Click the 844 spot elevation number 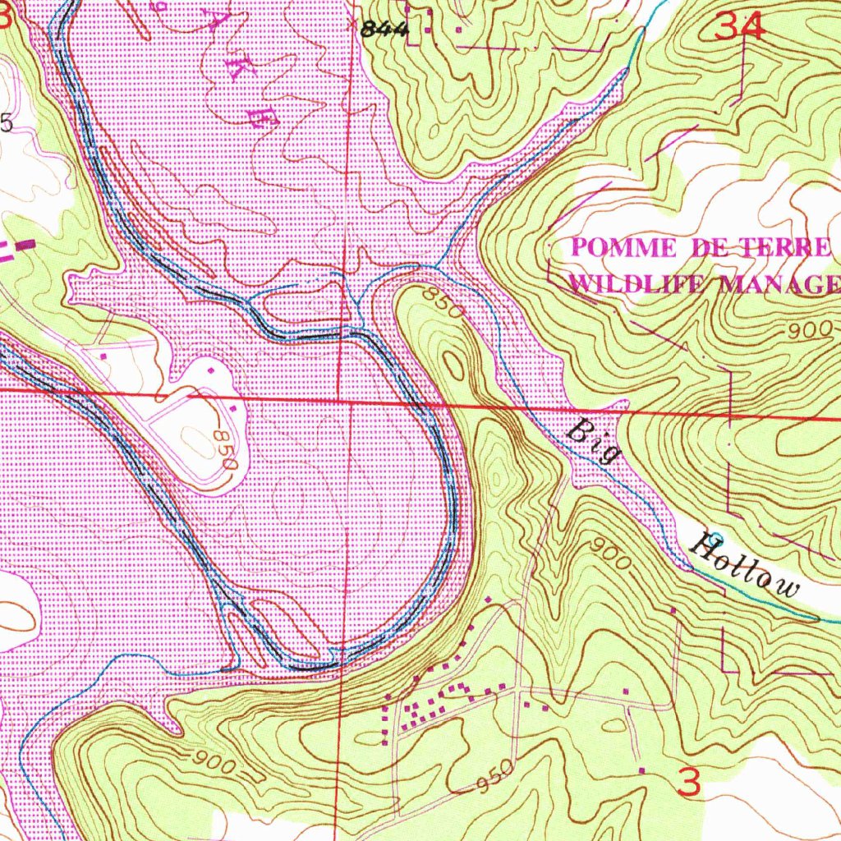point(384,30)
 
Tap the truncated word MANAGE point(780,284)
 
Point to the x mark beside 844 point(355,25)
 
